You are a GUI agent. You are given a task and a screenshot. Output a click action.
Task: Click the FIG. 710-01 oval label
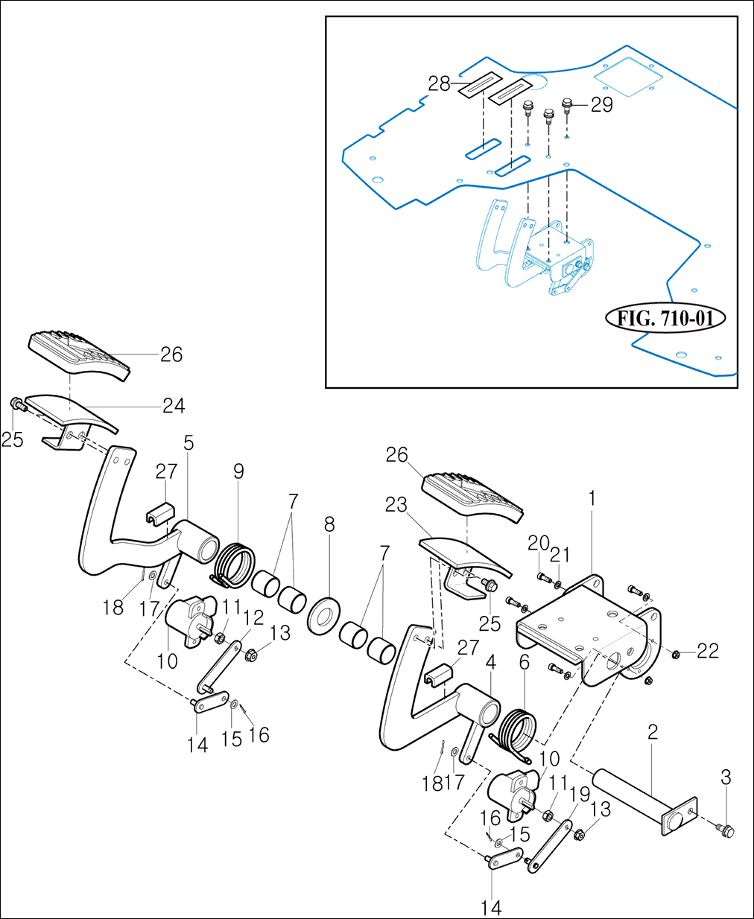665,318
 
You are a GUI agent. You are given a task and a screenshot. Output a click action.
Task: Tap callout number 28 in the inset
439,83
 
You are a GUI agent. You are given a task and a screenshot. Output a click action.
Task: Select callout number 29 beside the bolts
601,105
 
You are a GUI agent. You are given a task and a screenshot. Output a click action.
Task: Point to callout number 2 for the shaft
653,732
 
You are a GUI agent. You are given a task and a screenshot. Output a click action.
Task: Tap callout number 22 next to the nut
708,651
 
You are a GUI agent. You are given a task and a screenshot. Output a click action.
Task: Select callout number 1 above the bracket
592,499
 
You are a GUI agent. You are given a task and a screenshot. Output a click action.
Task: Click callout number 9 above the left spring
238,471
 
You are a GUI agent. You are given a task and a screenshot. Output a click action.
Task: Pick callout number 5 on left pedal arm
188,444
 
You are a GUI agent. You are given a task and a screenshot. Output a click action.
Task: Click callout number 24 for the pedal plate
174,406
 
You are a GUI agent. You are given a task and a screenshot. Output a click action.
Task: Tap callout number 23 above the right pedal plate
396,505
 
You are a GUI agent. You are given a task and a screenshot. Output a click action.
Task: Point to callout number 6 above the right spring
525,662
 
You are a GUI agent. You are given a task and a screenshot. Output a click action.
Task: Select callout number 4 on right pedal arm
490,661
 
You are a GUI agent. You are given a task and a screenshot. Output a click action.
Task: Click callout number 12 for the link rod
253,618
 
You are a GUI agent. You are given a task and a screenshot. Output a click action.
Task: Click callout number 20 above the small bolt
538,544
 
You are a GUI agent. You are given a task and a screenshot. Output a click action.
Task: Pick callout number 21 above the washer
560,555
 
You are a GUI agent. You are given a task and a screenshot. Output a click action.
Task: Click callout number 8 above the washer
329,525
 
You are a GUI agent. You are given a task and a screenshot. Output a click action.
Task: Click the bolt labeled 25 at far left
16,404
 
